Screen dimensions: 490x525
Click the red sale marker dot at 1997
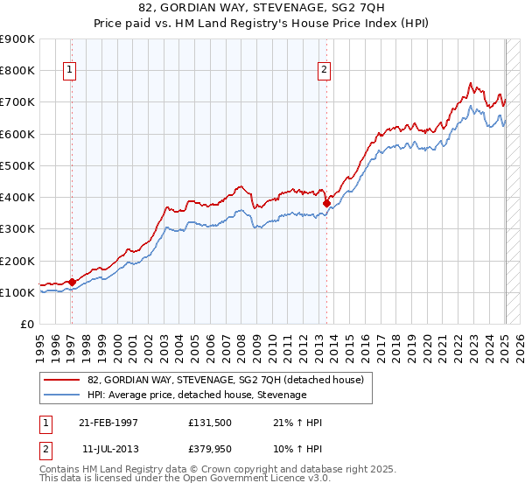pyautogui.click(x=73, y=282)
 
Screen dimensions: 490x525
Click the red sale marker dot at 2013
pyautogui.click(x=326, y=203)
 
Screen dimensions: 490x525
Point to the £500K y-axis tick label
pyautogui.click(x=17, y=165)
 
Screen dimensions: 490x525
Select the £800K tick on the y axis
pyautogui.click(x=17, y=70)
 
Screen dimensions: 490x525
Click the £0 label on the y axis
pyautogui.click(x=26, y=325)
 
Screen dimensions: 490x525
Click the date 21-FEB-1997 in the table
pyautogui.click(x=108, y=423)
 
